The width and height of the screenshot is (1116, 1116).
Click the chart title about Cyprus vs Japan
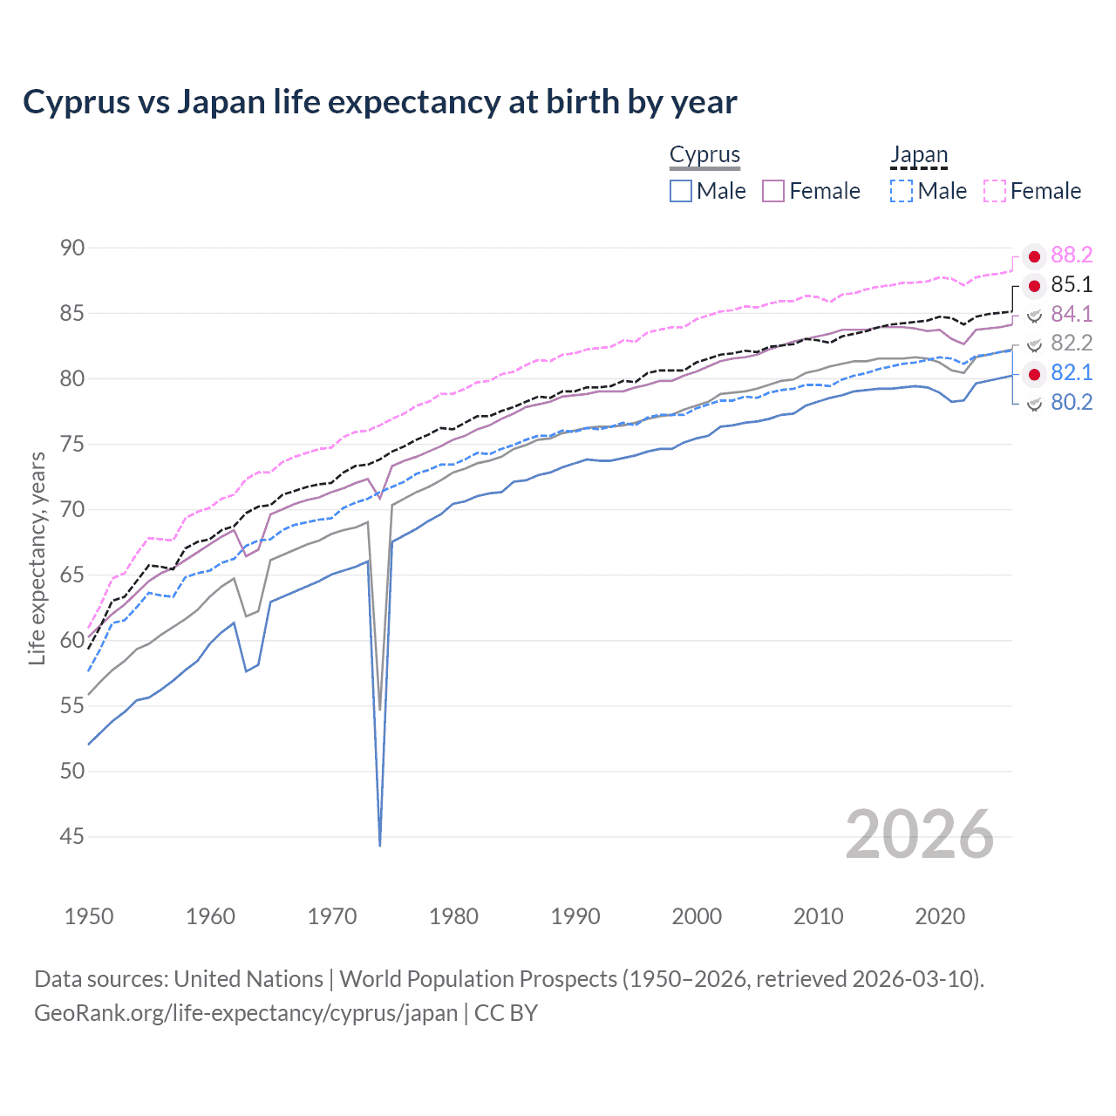pos(380,102)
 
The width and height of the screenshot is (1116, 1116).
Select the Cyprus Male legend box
pos(681,191)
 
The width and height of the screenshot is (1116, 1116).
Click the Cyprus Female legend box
pos(773,191)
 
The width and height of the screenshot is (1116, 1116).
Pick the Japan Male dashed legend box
pos(902,191)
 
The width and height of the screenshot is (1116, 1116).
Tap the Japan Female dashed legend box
pos(995,191)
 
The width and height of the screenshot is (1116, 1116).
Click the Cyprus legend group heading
pos(704,154)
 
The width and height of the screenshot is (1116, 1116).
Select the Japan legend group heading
pos(918,154)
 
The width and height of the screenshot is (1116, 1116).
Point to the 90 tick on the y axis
pos(72,248)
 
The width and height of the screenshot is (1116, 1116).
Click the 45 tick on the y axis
pos(72,836)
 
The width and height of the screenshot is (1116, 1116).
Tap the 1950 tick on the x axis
pos(89,916)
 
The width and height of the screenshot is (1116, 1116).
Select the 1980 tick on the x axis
pos(453,916)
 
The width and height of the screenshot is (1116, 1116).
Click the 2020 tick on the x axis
pos(940,916)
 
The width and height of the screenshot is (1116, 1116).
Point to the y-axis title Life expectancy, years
pos(37,558)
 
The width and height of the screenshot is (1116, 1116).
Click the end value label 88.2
pos(1072,255)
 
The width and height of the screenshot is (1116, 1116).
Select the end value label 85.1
pos(1072,284)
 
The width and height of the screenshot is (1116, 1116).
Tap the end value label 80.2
pos(1072,402)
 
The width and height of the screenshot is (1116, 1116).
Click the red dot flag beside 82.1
pos(1034,373)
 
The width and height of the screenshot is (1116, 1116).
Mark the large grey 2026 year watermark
pos(920,834)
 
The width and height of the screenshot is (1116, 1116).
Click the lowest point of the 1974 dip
pos(380,844)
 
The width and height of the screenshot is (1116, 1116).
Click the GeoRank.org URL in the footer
pos(246,1012)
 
